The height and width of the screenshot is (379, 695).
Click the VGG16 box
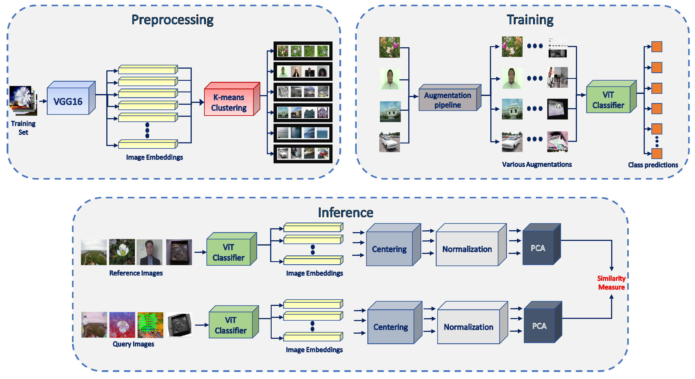click(x=68, y=102)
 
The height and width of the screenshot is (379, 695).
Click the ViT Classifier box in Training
click(x=608, y=100)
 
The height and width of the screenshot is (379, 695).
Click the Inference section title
click(x=345, y=212)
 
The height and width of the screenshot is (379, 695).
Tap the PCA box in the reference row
click(x=538, y=248)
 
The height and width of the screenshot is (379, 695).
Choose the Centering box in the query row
click(x=390, y=327)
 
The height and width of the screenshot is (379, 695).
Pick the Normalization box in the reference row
click(x=467, y=249)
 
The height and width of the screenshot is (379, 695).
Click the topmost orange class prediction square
click(x=657, y=47)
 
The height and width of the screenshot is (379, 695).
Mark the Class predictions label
click(x=653, y=165)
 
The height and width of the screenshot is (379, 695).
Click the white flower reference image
click(x=122, y=252)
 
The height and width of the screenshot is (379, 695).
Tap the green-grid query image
click(x=150, y=324)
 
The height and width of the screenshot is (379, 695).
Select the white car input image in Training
click(x=389, y=142)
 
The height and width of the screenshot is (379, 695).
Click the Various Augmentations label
click(x=537, y=164)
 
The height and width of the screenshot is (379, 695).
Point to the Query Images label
click(x=133, y=344)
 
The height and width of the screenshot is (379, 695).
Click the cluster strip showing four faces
click(x=303, y=72)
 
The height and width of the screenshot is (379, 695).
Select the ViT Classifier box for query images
click(x=230, y=325)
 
